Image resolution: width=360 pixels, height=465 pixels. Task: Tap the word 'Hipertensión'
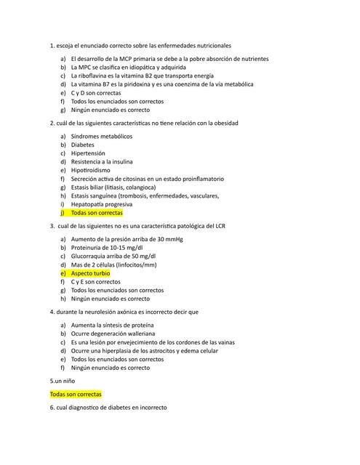point(88,153)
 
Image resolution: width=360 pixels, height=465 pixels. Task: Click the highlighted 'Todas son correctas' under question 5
point(76,394)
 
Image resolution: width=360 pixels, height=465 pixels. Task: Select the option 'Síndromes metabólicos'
point(102,136)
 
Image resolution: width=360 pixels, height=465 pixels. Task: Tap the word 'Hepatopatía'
point(90,204)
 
